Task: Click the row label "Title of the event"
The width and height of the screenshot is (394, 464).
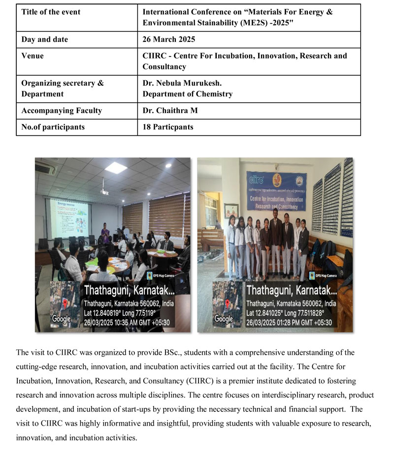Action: pos(51,12)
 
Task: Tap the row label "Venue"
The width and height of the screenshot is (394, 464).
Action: pos(33,56)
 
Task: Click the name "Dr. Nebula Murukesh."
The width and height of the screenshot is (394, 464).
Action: pos(182,83)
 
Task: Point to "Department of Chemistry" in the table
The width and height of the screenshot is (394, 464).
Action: pos(187,93)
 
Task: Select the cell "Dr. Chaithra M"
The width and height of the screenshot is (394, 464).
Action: pos(170,111)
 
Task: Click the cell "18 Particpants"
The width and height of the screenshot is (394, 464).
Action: pos(168,127)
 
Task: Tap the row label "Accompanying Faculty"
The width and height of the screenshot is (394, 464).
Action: pos(62,111)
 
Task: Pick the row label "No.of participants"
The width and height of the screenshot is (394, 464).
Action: pos(53,127)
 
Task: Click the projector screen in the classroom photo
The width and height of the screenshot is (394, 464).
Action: pos(68,217)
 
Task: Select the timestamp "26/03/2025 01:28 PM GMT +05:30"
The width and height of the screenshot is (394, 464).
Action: pos(289,323)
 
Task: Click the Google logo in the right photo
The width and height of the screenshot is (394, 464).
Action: pos(224,319)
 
